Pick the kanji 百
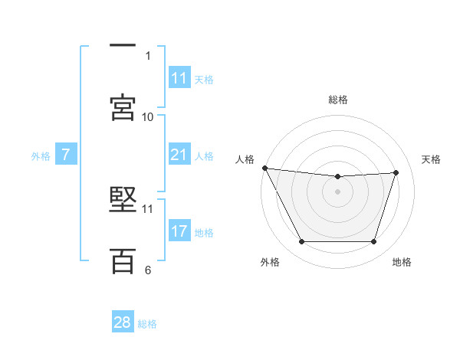click(123, 260)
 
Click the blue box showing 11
click(179, 78)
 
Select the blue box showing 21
click(179, 155)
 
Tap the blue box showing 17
click(179, 231)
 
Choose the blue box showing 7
click(66, 155)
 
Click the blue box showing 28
click(123, 322)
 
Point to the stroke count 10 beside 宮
click(148, 117)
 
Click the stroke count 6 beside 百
click(148, 270)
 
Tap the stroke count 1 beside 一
click(148, 56)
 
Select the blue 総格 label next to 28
click(147, 324)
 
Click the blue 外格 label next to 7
click(41, 156)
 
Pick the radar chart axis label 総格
click(337, 100)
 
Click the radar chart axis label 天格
click(431, 159)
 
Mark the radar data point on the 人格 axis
click(264, 168)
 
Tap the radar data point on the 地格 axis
click(374, 242)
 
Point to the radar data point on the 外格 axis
click(301, 242)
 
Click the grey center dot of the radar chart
click(337, 191)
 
